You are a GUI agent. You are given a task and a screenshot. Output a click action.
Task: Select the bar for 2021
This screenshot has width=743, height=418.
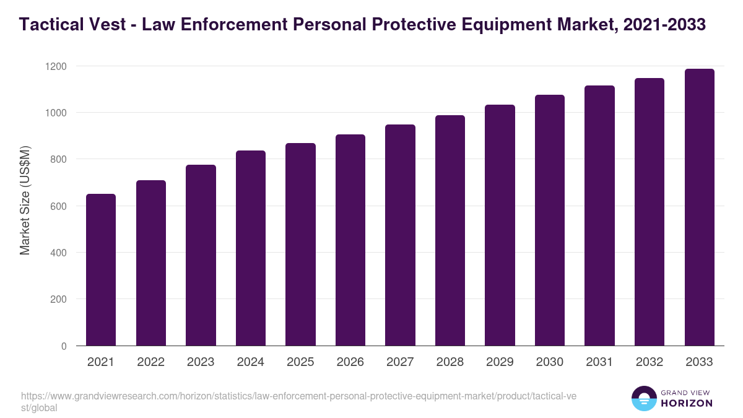pos(101,270)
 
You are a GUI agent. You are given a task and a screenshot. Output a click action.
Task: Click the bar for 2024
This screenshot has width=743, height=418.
pos(251,248)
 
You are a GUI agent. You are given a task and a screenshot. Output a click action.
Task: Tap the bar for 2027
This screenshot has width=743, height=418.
pos(400,235)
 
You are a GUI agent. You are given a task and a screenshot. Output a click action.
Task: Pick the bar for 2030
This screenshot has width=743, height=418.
pos(550,220)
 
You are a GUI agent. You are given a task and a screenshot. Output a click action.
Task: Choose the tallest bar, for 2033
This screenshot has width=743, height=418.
pos(699,207)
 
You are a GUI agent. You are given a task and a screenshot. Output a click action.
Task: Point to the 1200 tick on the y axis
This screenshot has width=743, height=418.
pos(58,66)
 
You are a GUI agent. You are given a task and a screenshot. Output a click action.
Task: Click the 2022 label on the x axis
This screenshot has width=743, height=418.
pos(150,362)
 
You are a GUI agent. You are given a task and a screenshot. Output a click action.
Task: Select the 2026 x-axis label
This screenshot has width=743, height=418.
pos(350,362)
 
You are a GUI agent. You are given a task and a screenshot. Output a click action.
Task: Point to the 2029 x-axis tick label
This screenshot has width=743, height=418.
pos(500,362)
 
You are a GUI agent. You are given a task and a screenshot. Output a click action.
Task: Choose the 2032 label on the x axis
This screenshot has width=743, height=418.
pos(650,362)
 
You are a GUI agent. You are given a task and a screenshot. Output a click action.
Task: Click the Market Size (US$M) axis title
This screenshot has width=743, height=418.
pos(25,200)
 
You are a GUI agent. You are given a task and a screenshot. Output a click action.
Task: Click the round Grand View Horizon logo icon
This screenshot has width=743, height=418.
pos(644,398)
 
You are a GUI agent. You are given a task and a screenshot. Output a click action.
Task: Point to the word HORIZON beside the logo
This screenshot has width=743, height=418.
pos(687,403)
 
